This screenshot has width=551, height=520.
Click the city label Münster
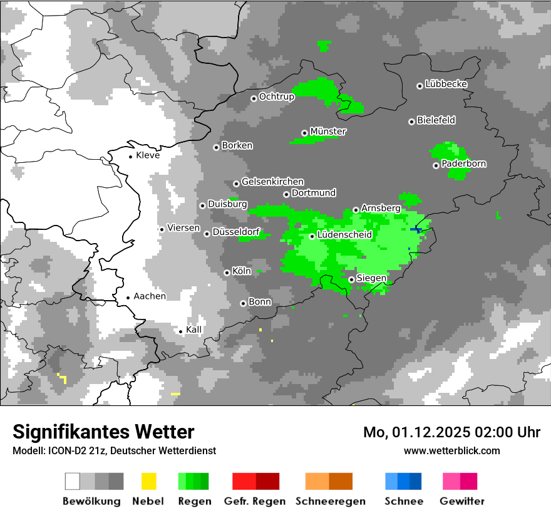[x=328, y=132]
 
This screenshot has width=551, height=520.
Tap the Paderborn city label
[x=464, y=164]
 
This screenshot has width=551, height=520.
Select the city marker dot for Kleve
[x=130, y=156]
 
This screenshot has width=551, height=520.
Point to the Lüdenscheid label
[x=345, y=235]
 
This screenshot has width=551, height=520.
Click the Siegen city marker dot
[x=352, y=279]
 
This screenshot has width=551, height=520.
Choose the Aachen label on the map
[x=150, y=296]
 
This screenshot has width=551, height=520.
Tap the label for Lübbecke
[x=446, y=84]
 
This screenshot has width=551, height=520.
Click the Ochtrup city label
[x=277, y=96]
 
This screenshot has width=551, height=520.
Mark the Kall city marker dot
[x=181, y=331]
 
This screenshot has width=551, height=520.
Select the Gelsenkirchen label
[x=272, y=182]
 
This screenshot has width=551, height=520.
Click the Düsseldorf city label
[x=236, y=232]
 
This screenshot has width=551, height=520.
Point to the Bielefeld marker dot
[x=412, y=122]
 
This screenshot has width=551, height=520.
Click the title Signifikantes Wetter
[x=103, y=432]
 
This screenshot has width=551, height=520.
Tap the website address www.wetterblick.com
[x=452, y=450]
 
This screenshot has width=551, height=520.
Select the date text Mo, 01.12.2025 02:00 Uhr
[x=451, y=432]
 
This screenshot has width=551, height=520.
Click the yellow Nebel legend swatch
[x=148, y=481]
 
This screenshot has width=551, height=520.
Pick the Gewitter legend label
[x=462, y=501]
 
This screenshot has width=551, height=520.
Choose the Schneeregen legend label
[x=331, y=501]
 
